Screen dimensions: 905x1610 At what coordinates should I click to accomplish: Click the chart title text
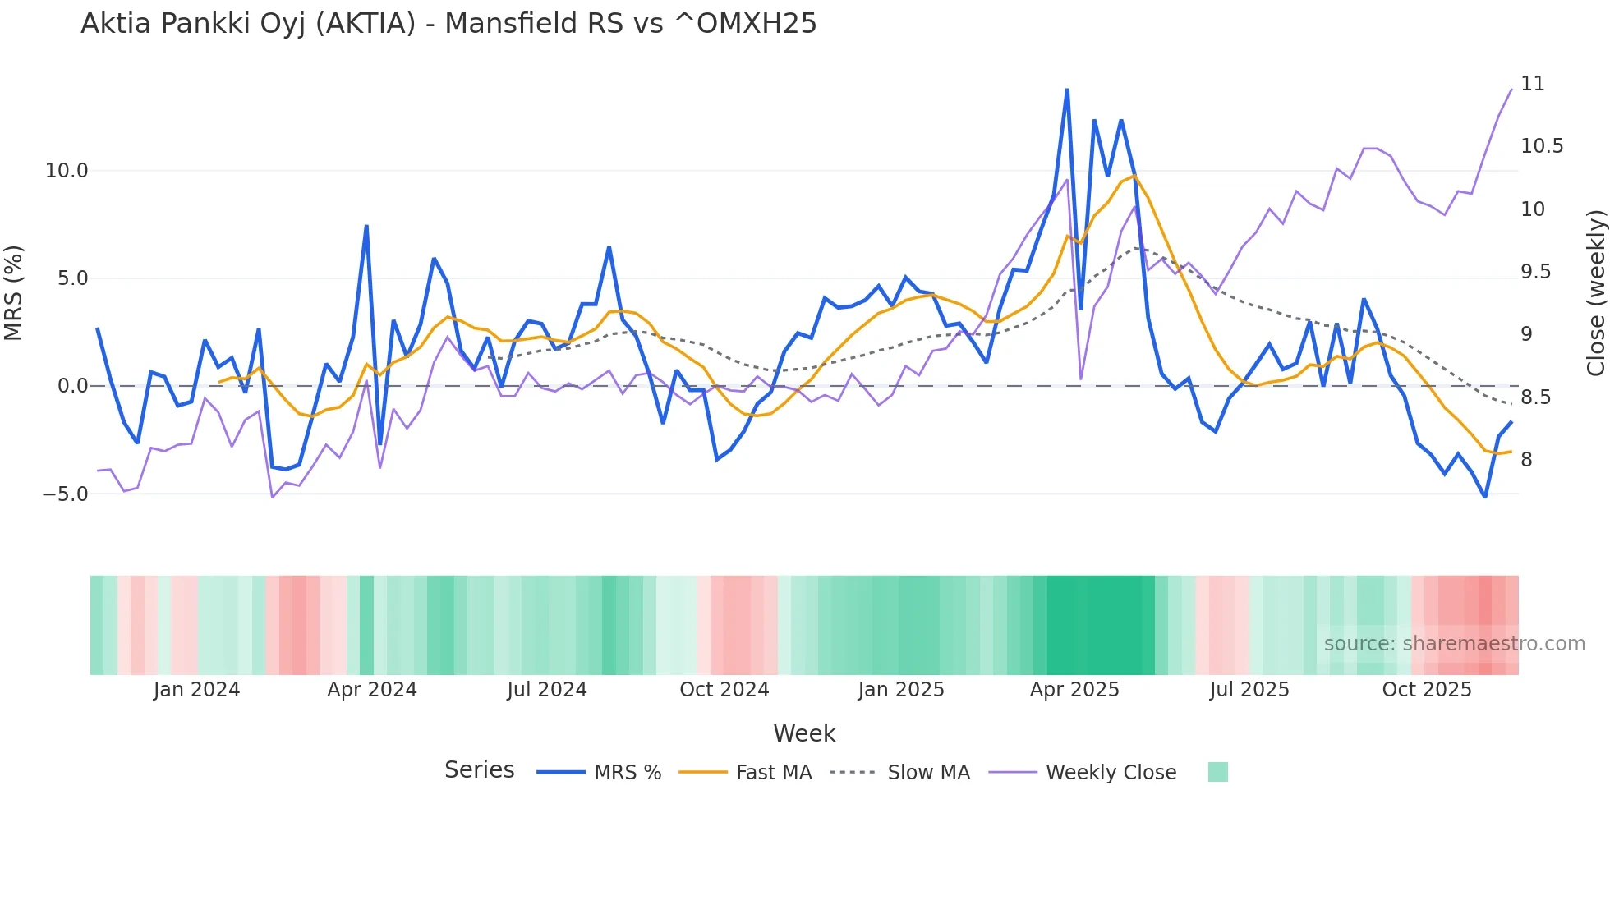point(448,24)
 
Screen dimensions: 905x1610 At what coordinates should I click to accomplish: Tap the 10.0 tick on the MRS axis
point(66,171)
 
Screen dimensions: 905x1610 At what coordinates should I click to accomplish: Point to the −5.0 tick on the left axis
point(65,494)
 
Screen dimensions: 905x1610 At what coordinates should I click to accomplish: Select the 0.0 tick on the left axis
point(72,386)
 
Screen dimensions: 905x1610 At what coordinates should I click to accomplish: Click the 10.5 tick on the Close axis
point(1542,146)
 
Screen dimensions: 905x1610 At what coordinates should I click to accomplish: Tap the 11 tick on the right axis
point(1532,84)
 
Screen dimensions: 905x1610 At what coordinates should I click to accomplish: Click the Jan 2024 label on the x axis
point(196,690)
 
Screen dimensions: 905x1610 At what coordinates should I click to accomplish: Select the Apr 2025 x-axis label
point(1074,690)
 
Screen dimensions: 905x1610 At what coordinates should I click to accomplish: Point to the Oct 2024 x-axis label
point(724,690)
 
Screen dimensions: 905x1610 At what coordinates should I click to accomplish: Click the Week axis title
point(804,733)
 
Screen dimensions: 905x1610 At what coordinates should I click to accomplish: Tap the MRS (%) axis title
point(13,293)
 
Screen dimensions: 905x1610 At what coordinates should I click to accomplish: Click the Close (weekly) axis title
point(1595,293)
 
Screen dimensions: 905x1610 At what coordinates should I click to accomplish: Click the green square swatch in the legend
point(1218,772)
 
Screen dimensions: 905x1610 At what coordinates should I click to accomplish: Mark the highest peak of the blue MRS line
point(1067,90)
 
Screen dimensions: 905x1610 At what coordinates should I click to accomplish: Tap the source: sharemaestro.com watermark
point(1454,644)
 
